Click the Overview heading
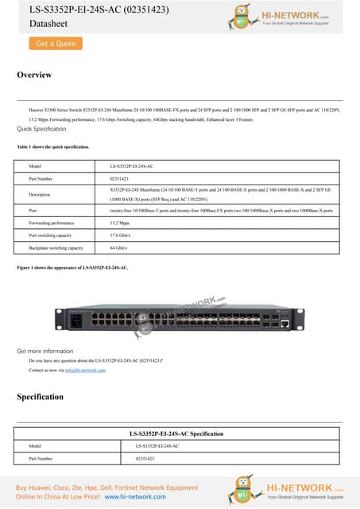pos(34,75)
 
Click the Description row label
pos(39,194)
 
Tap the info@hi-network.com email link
pos(87,371)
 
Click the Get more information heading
pos(45,351)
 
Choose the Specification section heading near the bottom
pos(40,396)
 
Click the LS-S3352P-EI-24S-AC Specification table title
pos(180,433)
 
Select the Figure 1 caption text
pos(72,268)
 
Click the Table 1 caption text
pos(53,147)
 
